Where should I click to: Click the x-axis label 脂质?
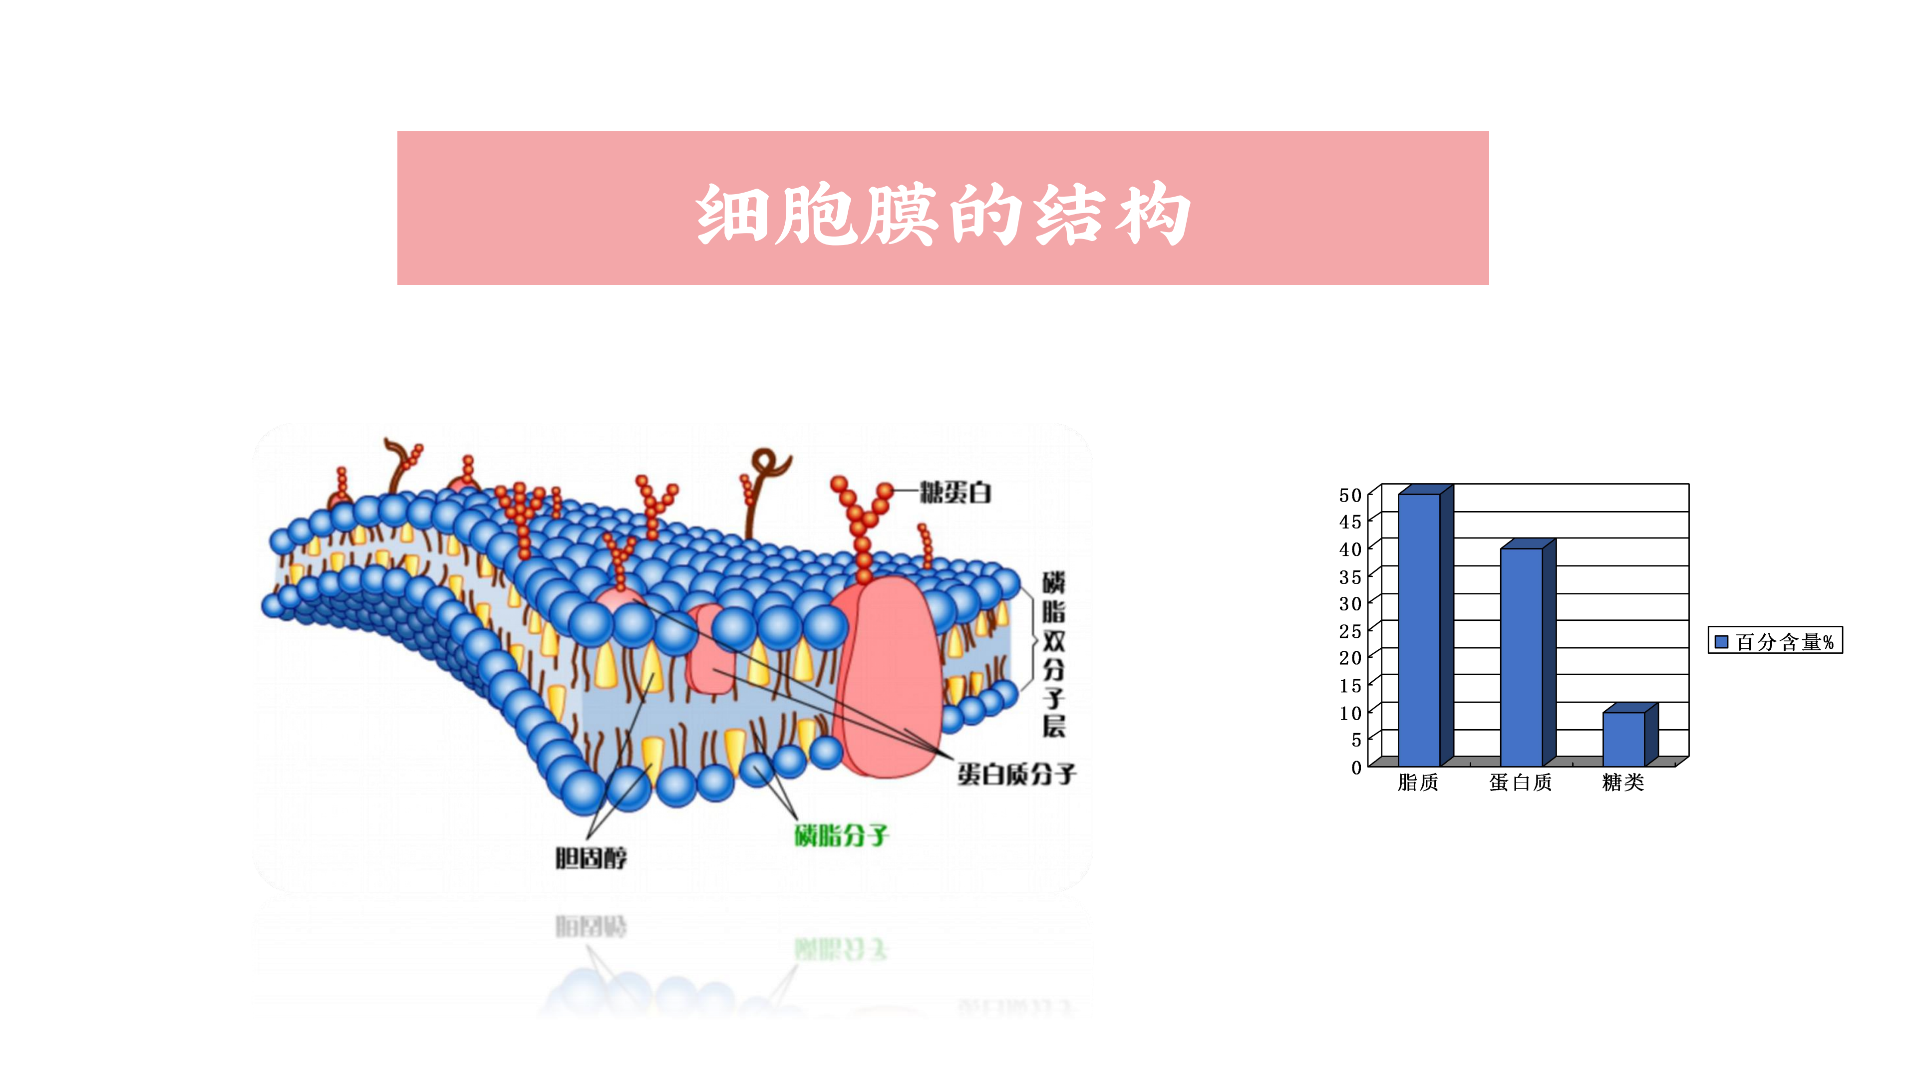pos(1418,783)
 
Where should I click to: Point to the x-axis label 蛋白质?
pos(1520,783)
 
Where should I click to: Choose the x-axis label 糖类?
pos(1623,783)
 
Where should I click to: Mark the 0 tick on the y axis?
pos(1356,768)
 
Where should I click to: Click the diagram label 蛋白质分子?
pos(1016,775)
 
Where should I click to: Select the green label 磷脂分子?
pos(841,835)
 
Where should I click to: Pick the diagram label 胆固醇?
pos(591,858)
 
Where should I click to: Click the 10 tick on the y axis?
pos(1350,713)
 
